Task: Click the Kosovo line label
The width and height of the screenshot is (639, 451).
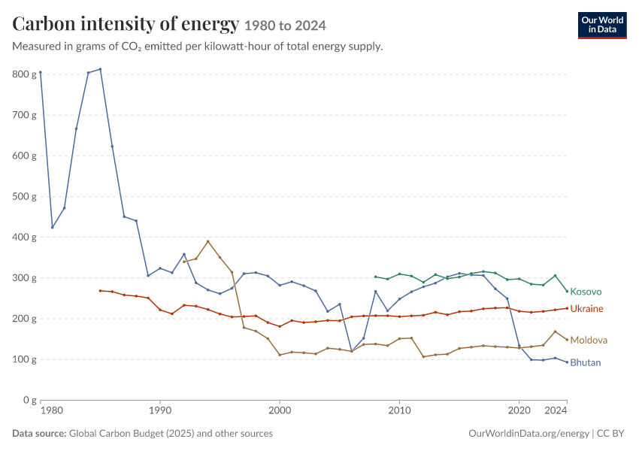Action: pyautogui.click(x=586, y=292)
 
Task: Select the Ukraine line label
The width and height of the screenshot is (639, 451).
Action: pyautogui.click(x=586, y=309)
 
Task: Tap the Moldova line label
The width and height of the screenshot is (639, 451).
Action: pyautogui.click(x=589, y=341)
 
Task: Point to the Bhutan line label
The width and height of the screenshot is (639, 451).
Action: pyautogui.click(x=585, y=362)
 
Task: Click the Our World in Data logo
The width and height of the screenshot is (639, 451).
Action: pyautogui.click(x=602, y=26)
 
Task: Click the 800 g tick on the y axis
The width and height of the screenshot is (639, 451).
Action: pyautogui.click(x=25, y=74)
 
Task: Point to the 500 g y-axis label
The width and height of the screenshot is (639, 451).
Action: pyautogui.click(x=25, y=196)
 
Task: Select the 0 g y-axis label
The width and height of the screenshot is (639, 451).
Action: pyautogui.click(x=30, y=400)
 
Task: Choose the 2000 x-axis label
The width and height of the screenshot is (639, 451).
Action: pyautogui.click(x=280, y=410)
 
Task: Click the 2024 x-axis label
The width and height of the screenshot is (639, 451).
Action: pyautogui.click(x=556, y=410)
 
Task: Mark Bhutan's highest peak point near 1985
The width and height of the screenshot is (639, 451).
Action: pyautogui.click(x=100, y=69)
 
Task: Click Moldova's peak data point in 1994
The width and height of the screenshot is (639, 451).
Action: pyautogui.click(x=207, y=241)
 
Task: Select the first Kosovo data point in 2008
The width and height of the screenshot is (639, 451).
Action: pyautogui.click(x=375, y=277)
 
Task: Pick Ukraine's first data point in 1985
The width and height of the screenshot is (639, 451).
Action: pyautogui.click(x=100, y=290)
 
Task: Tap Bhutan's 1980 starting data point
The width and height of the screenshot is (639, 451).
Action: pyautogui.click(x=41, y=72)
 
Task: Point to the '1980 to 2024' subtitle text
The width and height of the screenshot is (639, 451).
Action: pyautogui.click(x=285, y=26)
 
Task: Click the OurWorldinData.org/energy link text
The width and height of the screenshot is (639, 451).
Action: pyautogui.click(x=529, y=434)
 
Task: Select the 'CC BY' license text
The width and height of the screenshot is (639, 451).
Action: pyautogui.click(x=610, y=434)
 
